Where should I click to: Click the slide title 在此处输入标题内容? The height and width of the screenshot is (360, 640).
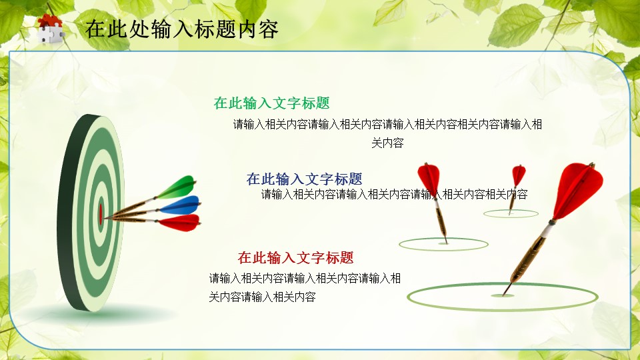click(x=181, y=29)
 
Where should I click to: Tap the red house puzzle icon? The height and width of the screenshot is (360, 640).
click(x=51, y=28)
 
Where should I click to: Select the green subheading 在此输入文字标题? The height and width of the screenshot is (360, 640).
click(x=271, y=103)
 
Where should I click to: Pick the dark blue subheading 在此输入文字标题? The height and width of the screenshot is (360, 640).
click(x=304, y=179)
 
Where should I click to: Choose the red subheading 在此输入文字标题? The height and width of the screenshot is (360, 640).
click(x=295, y=257)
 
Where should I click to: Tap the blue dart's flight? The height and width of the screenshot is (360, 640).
click(x=180, y=205)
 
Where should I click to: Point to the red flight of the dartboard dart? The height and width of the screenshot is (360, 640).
click(x=179, y=223)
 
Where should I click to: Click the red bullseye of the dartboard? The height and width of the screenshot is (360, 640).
click(x=101, y=214)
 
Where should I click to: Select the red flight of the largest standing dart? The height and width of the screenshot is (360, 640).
click(x=578, y=189)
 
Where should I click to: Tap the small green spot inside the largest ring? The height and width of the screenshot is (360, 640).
click(x=503, y=295)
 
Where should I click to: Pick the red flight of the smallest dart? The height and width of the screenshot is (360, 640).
click(x=519, y=175)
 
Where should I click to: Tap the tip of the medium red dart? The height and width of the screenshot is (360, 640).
click(x=447, y=243)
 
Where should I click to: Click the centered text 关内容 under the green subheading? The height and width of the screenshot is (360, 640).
click(x=387, y=143)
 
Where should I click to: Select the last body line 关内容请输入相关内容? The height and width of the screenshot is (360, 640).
click(x=263, y=297)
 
